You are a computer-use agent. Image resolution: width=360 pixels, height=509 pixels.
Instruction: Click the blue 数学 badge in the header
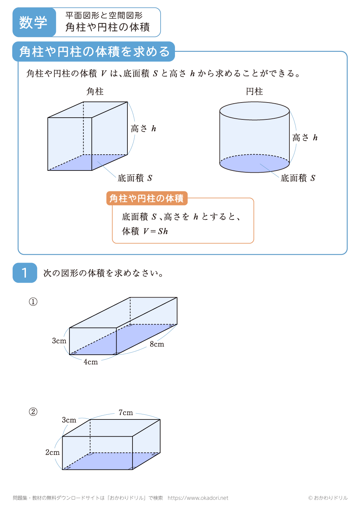click(x=33, y=22)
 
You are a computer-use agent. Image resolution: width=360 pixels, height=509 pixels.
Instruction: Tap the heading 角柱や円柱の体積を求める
click(x=94, y=51)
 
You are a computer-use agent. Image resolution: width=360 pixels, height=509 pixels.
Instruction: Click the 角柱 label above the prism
click(x=95, y=91)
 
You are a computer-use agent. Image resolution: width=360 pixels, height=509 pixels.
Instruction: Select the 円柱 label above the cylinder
click(x=255, y=91)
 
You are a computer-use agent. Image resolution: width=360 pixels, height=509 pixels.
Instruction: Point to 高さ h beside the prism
click(x=143, y=128)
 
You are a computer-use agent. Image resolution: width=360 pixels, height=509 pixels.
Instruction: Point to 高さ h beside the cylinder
click(x=305, y=137)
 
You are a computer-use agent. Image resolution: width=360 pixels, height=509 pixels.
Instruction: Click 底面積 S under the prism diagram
click(x=135, y=178)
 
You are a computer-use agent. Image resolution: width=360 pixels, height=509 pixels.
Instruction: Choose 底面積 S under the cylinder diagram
click(x=298, y=178)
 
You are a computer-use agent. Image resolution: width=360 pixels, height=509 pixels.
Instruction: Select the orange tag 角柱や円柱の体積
click(x=147, y=198)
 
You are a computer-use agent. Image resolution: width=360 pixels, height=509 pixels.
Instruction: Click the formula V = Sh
click(x=156, y=231)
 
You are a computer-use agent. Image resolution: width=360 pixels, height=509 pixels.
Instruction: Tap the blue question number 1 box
click(x=25, y=273)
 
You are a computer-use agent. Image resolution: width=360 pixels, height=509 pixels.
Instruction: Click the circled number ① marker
click(x=33, y=301)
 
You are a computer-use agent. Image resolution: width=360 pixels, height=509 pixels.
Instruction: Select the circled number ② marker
click(x=33, y=412)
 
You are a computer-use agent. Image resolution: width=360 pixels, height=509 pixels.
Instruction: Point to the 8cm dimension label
click(x=157, y=344)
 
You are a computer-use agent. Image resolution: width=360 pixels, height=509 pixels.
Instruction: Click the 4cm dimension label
click(x=91, y=362)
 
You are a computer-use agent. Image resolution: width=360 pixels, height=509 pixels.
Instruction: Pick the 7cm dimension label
click(x=126, y=413)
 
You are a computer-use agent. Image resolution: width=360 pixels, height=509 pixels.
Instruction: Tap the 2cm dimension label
click(x=53, y=452)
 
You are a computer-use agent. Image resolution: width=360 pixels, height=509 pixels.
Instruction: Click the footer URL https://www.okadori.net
click(x=198, y=498)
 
